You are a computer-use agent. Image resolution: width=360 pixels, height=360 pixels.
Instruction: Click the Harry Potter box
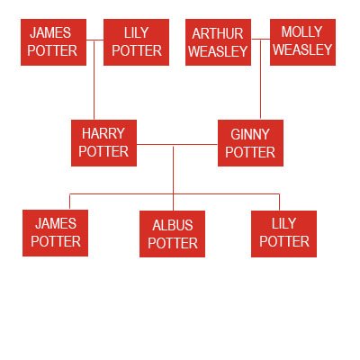[103, 143]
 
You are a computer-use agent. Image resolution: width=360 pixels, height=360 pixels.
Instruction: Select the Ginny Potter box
[250, 143]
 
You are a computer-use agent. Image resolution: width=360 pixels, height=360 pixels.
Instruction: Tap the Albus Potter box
[172, 234]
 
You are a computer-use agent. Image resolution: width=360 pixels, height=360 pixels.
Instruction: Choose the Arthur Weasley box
[218, 42]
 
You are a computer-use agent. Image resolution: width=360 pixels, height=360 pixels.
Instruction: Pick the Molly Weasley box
[302, 42]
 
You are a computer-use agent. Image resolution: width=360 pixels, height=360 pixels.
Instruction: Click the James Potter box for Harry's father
[53, 42]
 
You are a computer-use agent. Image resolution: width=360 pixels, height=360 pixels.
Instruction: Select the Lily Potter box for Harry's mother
[136, 42]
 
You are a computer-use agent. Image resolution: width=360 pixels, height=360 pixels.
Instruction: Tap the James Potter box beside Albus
[55, 233]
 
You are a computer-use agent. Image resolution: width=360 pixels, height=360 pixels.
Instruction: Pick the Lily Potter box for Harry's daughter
[283, 234]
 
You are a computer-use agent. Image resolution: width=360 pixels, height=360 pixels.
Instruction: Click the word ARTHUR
[218, 33]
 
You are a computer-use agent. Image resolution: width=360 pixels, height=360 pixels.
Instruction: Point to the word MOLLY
[301, 31]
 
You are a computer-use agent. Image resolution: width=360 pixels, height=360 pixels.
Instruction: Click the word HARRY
[103, 133]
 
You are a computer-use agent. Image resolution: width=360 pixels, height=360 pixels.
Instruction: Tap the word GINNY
[250, 134]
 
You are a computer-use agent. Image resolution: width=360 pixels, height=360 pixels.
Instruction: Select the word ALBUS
[173, 225]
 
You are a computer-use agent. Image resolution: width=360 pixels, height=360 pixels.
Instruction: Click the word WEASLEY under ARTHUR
[218, 51]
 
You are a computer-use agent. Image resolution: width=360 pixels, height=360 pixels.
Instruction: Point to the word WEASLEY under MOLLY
[302, 49]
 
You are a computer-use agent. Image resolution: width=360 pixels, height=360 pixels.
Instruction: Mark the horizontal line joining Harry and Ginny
[177, 145]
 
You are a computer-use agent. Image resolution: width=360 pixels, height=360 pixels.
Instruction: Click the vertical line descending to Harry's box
[94, 80]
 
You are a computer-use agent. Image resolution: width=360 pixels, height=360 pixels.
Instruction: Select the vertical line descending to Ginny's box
[260, 79]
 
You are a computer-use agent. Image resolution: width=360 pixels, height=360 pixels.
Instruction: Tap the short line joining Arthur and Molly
[261, 39]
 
